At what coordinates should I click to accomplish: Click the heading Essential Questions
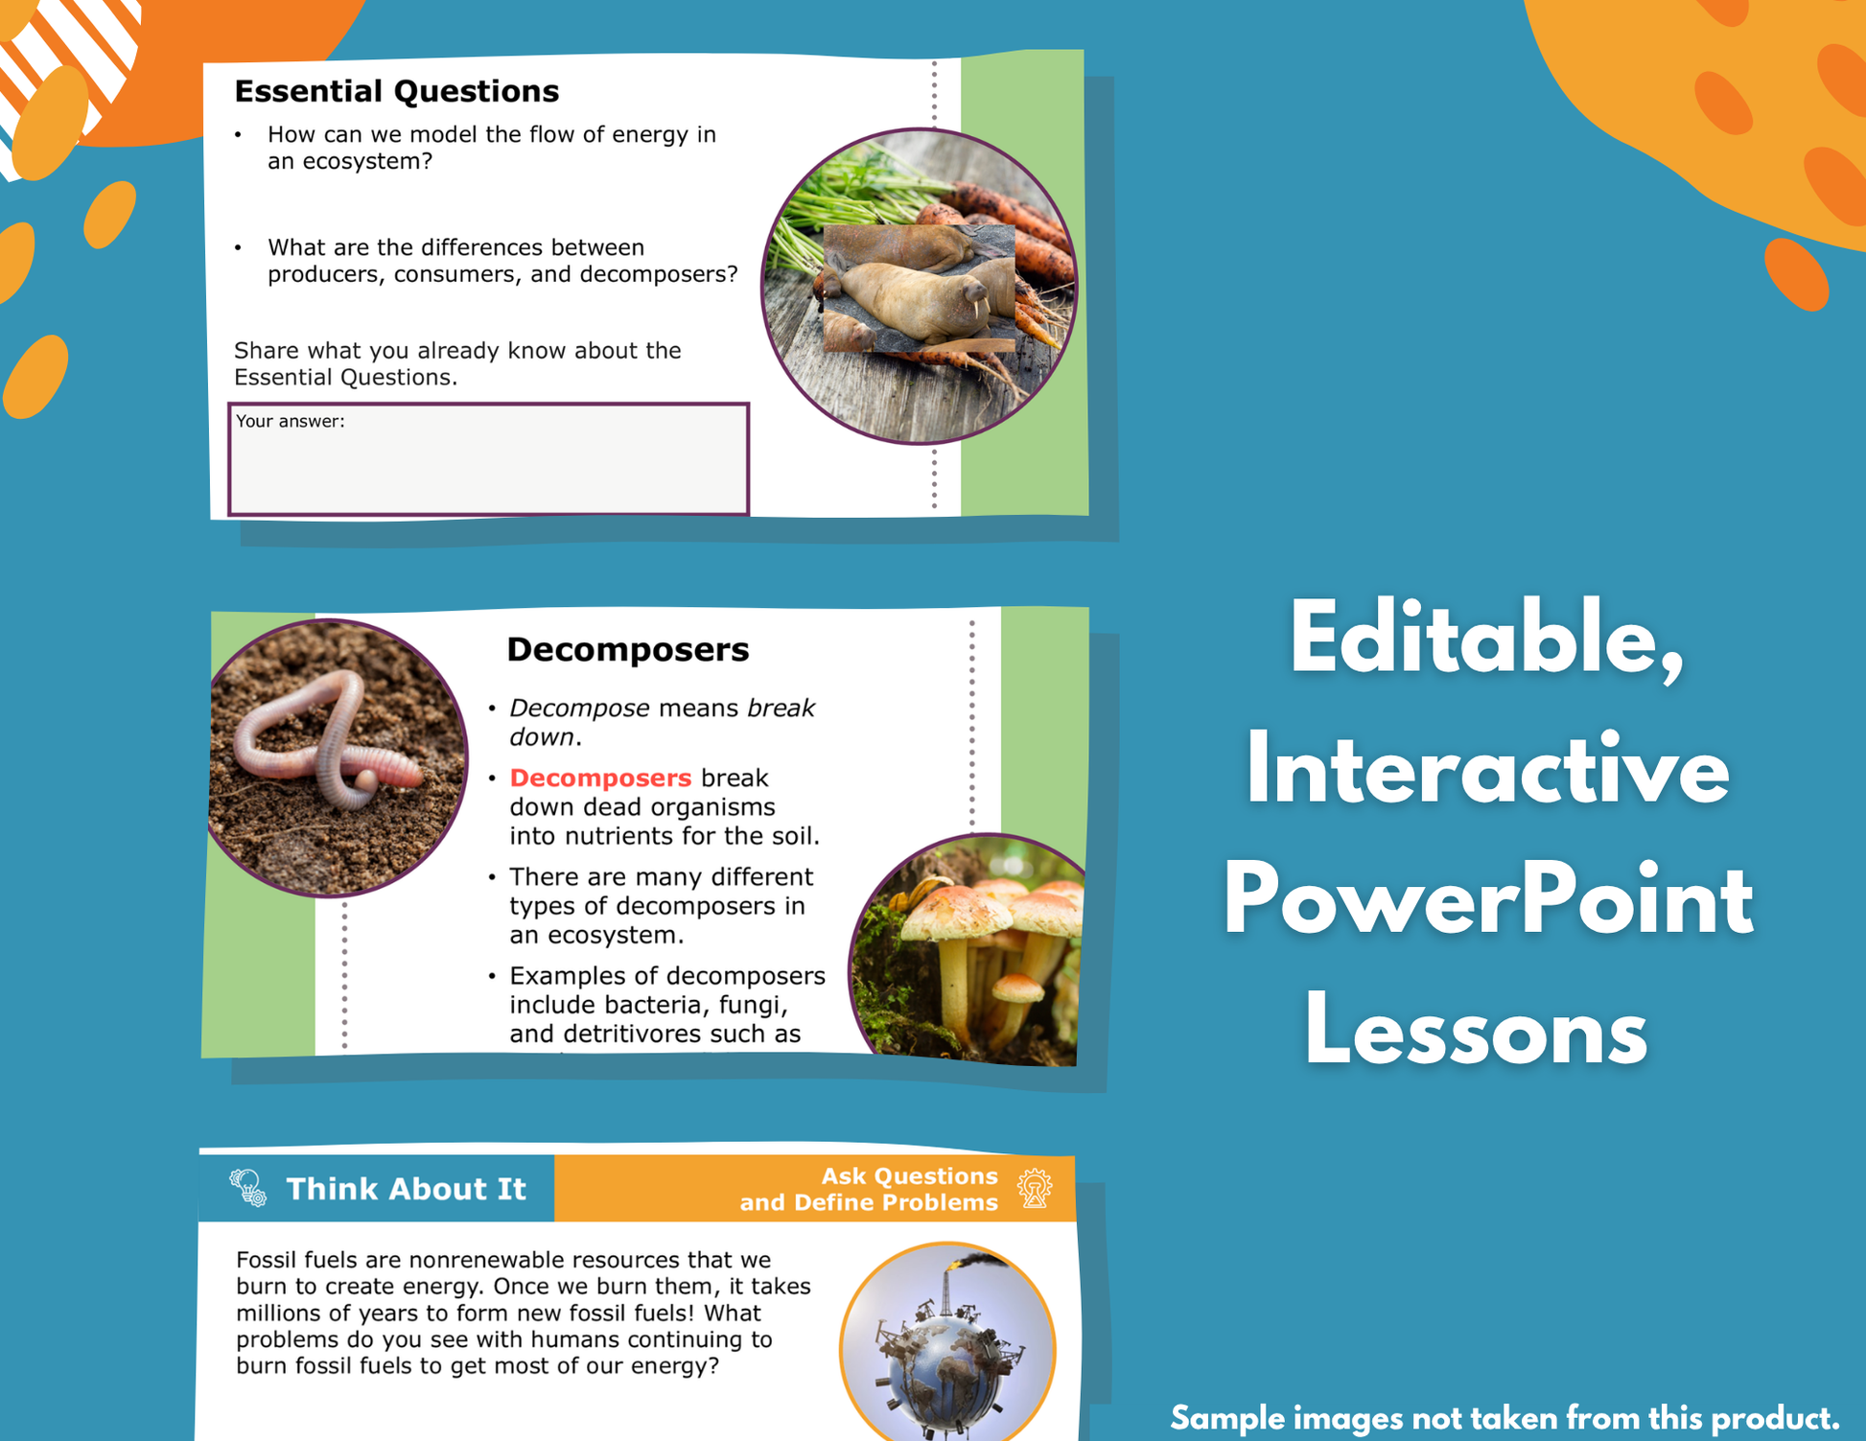click(396, 91)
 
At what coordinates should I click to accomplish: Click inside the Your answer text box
click(488, 459)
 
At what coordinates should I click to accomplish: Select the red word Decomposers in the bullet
click(600, 778)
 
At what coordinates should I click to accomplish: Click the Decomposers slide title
click(628, 650)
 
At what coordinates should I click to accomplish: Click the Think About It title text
click(407, 1189)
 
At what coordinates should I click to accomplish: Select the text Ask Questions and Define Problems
click(869, 1189)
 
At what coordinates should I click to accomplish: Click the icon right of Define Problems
click(1035, 1189)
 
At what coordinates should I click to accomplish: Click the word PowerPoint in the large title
click(1488, 902)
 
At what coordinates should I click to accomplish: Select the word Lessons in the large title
click(1476, 1032)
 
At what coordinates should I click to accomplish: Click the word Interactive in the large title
click(1487, 769)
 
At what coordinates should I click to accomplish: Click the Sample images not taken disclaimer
click(1504, 1417)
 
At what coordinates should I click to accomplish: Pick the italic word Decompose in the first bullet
click(579, 709)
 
